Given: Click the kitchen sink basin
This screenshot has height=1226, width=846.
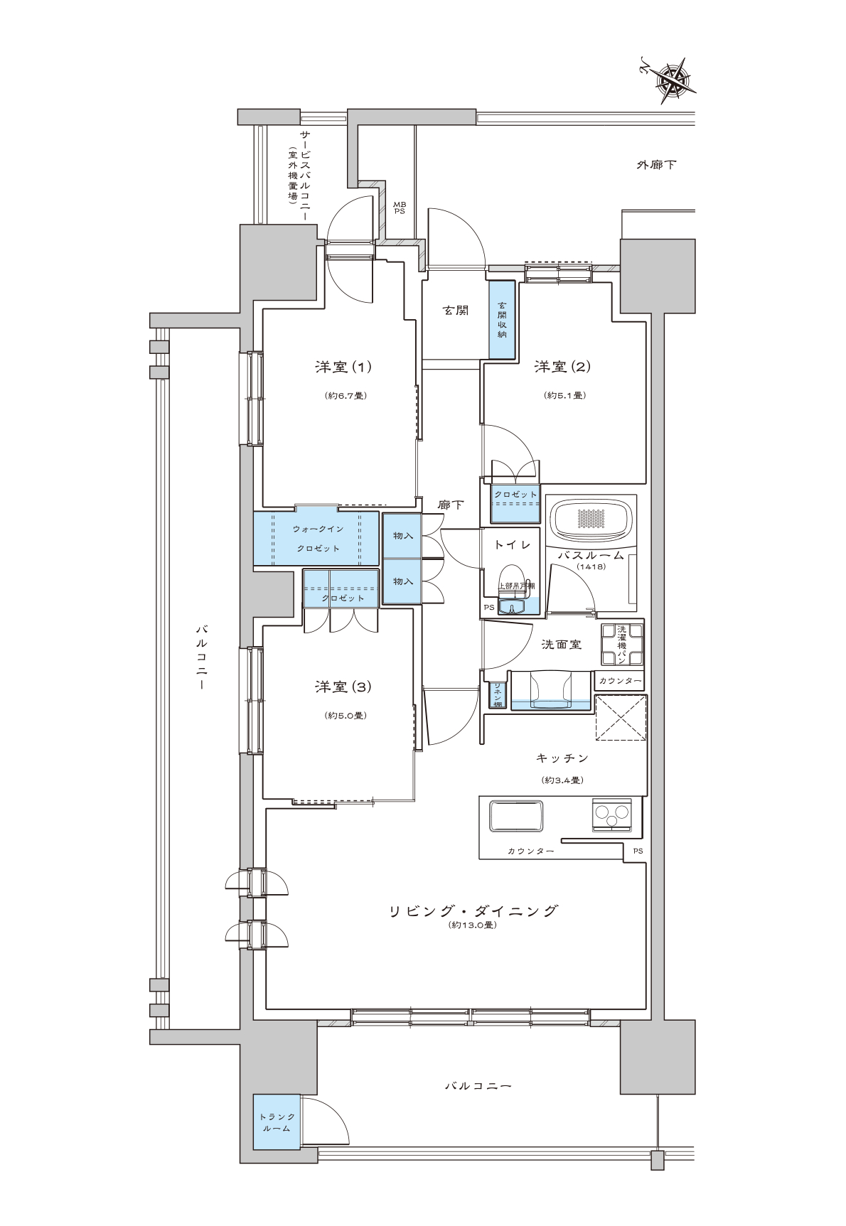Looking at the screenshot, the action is (516, 815).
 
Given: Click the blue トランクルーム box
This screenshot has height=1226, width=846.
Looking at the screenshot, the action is (275, 1124).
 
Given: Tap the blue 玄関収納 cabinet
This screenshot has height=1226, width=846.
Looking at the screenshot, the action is (502, 320).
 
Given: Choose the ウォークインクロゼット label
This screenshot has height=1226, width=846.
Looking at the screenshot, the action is (318, 539).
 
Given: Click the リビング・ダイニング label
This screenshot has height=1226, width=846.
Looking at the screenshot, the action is (473, 910).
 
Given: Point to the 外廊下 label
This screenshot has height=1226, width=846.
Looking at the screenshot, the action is (656, 165).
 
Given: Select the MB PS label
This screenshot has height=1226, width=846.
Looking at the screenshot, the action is (400, 208).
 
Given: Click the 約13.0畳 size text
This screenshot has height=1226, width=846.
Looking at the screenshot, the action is (473, 925).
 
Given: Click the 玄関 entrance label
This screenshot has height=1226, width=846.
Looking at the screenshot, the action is (456, 311).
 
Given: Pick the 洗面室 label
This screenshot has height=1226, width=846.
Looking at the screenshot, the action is (562, 645).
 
